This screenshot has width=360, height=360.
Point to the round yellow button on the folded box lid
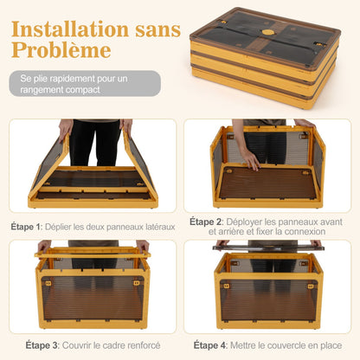coord(267,32)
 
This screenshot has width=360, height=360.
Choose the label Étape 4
coord(212,345)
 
